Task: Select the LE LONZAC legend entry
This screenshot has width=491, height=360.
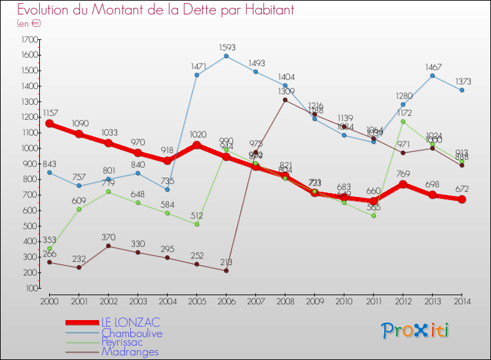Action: coord(130,323)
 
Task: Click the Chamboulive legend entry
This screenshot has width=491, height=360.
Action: coord(132,333)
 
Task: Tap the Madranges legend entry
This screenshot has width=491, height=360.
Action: coord(130,352)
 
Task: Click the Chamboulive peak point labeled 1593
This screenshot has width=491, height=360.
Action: coord(226,56)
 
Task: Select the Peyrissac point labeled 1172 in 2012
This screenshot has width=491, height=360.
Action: coord(403,121)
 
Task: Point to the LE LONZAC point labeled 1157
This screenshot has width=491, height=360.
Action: coord(49,124)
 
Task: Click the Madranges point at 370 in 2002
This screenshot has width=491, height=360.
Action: coord(108,246)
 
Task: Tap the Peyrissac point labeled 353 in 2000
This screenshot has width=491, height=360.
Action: coord(49,249)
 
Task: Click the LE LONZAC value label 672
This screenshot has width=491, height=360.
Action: coord(462,189)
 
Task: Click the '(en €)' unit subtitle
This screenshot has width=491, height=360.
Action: coord(29,23)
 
